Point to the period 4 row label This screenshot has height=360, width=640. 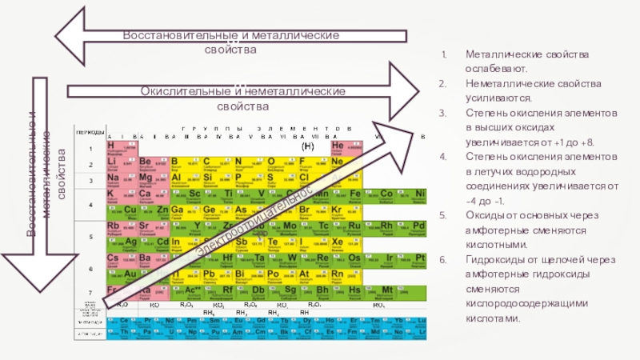[x=90, y=202]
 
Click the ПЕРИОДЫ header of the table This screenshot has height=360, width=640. [x=89, y=130]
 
